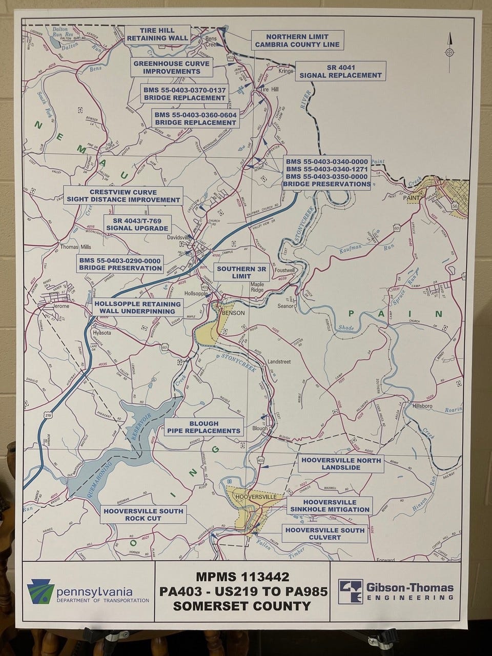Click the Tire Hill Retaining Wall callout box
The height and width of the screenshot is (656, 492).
click(157, 34)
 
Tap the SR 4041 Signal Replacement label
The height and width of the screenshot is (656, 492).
click(341, 71)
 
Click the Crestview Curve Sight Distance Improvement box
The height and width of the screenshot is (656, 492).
click(123, 196)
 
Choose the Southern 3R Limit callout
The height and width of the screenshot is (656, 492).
click(234, 272)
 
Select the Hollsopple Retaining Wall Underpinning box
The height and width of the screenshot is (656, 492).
click(138, 307)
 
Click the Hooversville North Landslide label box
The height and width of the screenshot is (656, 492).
click(341, 464)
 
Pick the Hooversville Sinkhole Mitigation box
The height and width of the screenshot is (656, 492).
click(330, 505)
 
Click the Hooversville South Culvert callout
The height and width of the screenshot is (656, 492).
click(325, 534)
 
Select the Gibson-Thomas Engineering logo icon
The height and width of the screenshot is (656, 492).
click(348, 589)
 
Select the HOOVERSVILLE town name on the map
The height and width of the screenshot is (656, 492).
click(255, 497)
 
